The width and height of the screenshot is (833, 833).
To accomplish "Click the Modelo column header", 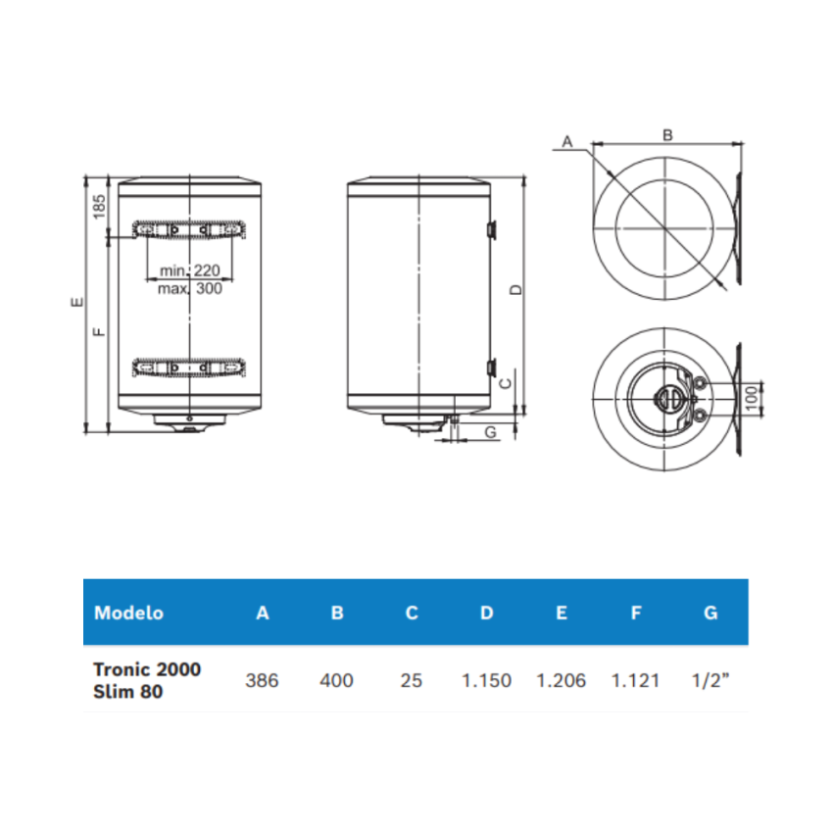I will (x=128, y=613).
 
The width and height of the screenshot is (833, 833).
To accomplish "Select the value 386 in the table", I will (x=262, y=680).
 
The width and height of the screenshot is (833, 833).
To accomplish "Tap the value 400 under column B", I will (x=336, y=680).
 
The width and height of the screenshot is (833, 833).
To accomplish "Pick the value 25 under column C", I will (x=412, y=680).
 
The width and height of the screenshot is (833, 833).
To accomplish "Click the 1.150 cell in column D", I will (x=486, y=680).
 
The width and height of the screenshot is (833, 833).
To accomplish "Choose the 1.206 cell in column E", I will (x=561, y=680).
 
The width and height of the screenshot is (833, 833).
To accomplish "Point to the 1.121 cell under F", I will (x=636, y=680).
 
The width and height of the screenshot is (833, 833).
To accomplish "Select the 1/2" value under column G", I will (x=710, y=680).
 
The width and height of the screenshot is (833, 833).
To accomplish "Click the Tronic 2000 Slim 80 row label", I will (x=147, y=680).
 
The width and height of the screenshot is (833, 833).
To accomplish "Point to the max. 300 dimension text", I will (x=190, y=288).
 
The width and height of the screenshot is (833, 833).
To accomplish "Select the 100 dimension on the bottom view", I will (x=752, y=400).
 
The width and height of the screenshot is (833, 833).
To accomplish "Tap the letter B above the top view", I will (x=667, y=135).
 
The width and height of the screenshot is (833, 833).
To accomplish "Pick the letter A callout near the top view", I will (x=565, y=142).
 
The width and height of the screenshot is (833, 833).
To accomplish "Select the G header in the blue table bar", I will (x=710, y=613).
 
